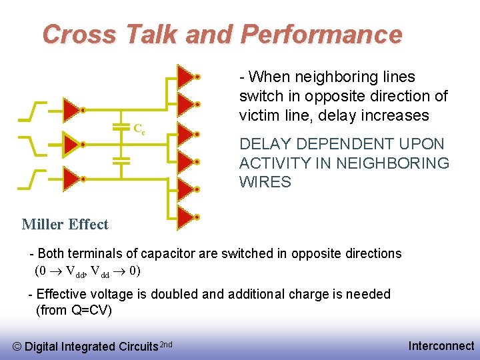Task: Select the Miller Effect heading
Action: (x=65, y=224)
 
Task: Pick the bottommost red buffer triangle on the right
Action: (x=185, y=216)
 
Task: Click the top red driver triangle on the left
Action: (x=70, y=109)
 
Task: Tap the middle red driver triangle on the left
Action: (x=70, y=143)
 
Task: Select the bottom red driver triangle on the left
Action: (x=70, y=178)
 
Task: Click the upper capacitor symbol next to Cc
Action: (x=121, y=125)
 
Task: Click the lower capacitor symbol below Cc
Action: (x=121, y=161)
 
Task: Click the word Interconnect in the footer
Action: (x=441, y=345)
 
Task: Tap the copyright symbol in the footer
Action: (x=17, y=346)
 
